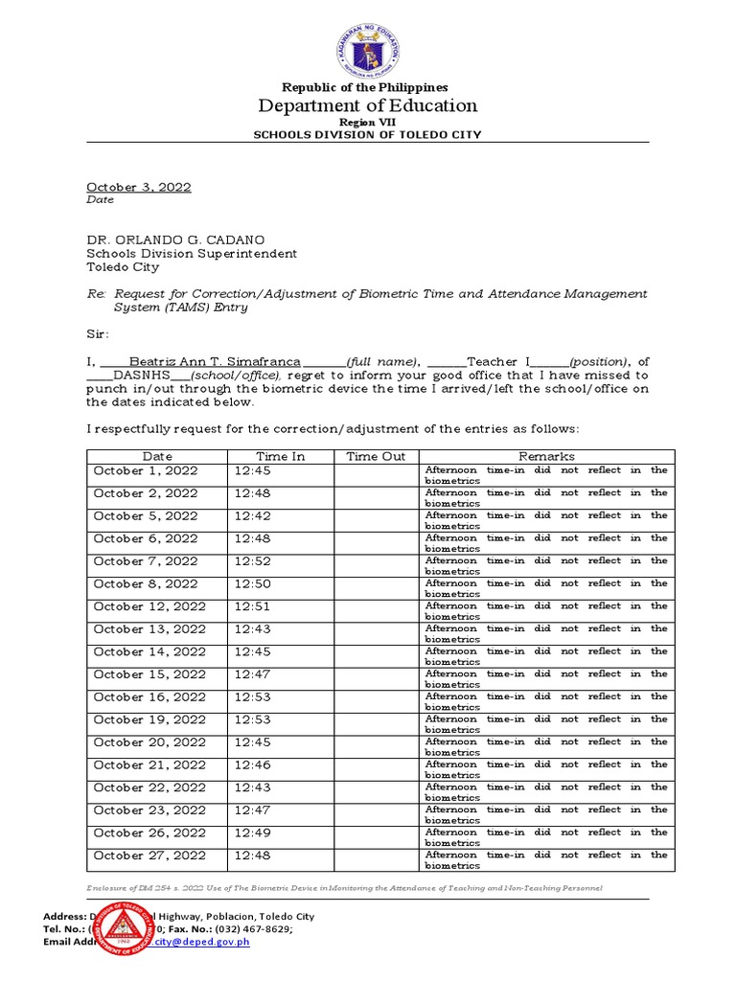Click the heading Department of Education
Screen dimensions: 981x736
click(x=368, y=105)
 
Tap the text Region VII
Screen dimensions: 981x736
click(x=367, y=123)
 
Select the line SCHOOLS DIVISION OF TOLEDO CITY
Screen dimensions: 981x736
click(x=367, y=135)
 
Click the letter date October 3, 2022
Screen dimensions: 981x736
click(x=139, y=187)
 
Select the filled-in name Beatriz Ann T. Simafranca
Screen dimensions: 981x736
click(x=216, y=361)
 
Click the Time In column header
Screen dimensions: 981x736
click(x=280, y=456)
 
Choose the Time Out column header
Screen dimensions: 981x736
click(x=376, y=456)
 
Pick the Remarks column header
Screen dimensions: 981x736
click(x=546, y=456)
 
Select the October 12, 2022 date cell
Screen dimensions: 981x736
click(x=149, y=606)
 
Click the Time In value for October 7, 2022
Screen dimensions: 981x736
click(x=251, y=561)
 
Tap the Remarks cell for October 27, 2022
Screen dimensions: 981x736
click(x=546, y=859)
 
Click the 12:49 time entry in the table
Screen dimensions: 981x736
click(x=251, y=833)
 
